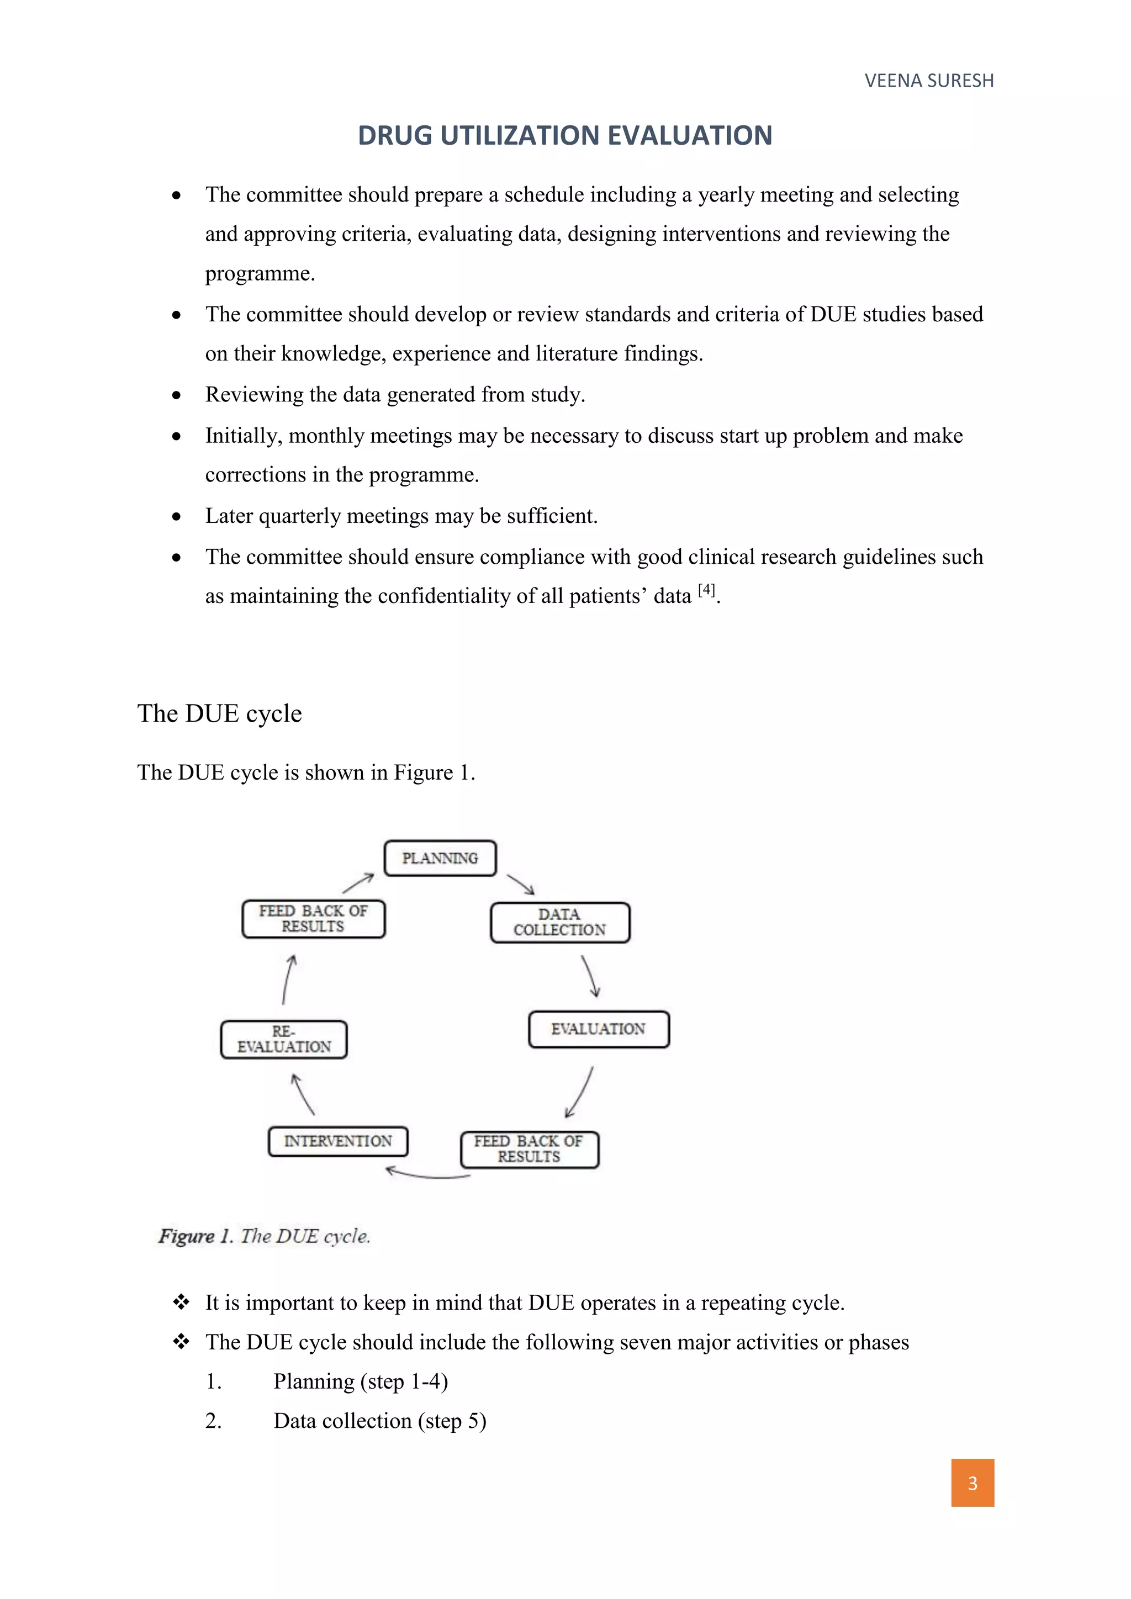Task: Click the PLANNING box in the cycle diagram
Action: point(440,858)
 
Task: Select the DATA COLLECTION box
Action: point(560,923)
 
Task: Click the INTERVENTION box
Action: point(338,1141)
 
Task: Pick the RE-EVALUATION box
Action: point(283,1040)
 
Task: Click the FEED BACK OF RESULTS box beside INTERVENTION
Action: point(529,1149)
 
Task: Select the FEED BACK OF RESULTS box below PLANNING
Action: point(313,919)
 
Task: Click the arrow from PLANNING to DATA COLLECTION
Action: point(520,885)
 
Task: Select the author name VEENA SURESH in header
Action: point(929,81)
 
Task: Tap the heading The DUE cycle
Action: point(219,713)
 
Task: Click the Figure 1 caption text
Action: point(265,1236)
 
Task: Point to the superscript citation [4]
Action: point(706,590)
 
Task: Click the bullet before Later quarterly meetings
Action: point(177,517)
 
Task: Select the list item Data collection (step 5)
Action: point(379,1421)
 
